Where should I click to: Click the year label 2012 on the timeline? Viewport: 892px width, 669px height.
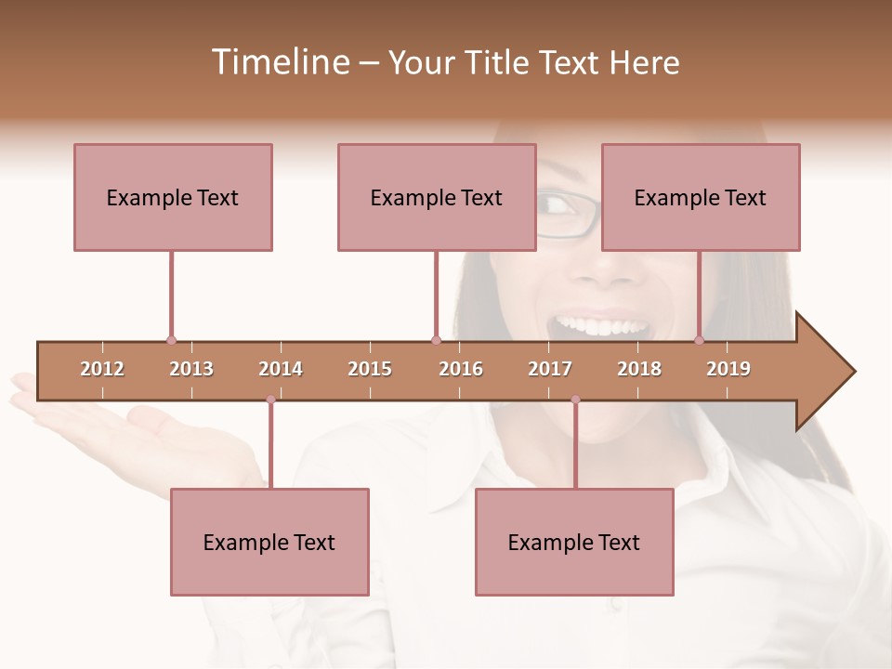(x=102, y=369)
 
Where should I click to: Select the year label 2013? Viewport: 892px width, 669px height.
(x=191, y=369)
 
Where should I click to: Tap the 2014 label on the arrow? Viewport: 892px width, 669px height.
(x=281, y=369)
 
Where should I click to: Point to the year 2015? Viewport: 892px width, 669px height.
(x=370, y=369)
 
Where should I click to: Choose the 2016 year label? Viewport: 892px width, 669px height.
(x=461, y=369)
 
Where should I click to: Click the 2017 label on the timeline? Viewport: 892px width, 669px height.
(x=550, y=369)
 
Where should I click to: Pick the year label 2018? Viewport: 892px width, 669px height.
(x=639, y=369)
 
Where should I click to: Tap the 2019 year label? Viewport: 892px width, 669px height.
(x=728, y=369)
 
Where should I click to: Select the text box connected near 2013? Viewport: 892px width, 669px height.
(x=173, y=197)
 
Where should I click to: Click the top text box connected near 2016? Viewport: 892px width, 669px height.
(x=437, y=197)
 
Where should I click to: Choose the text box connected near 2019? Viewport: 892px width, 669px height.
(x=701, y=197)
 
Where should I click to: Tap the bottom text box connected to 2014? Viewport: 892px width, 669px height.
(x=269, y=542)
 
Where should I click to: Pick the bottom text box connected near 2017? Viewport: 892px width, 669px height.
(x=574, y=542)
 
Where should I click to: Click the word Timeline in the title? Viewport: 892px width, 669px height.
(x=279, y=62)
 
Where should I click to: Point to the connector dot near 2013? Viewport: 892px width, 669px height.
(x=171, y=340)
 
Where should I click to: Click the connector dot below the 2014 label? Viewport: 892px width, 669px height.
(x=270, y=400)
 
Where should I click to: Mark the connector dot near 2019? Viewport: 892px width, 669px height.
(x=700, y=340)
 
